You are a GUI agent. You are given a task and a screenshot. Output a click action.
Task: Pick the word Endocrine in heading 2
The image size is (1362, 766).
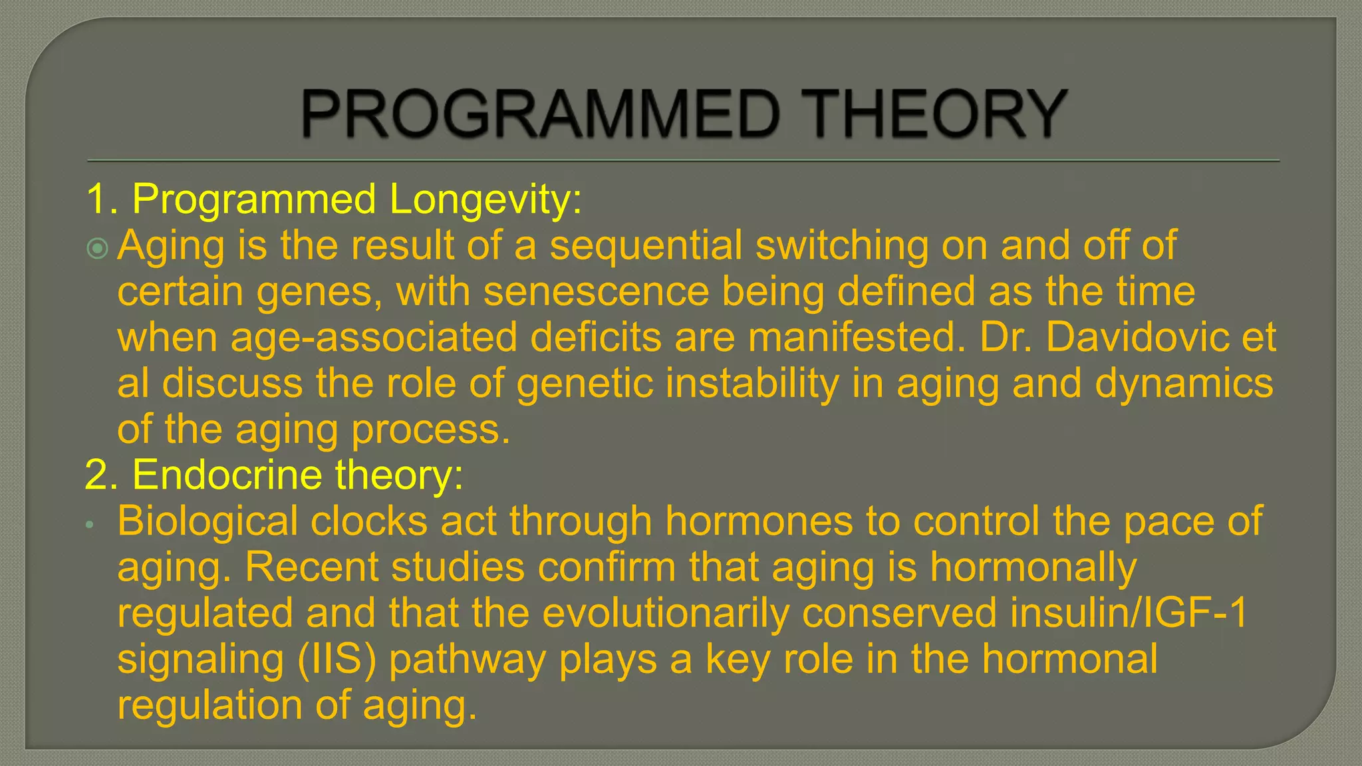click(x=226, y=475)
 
